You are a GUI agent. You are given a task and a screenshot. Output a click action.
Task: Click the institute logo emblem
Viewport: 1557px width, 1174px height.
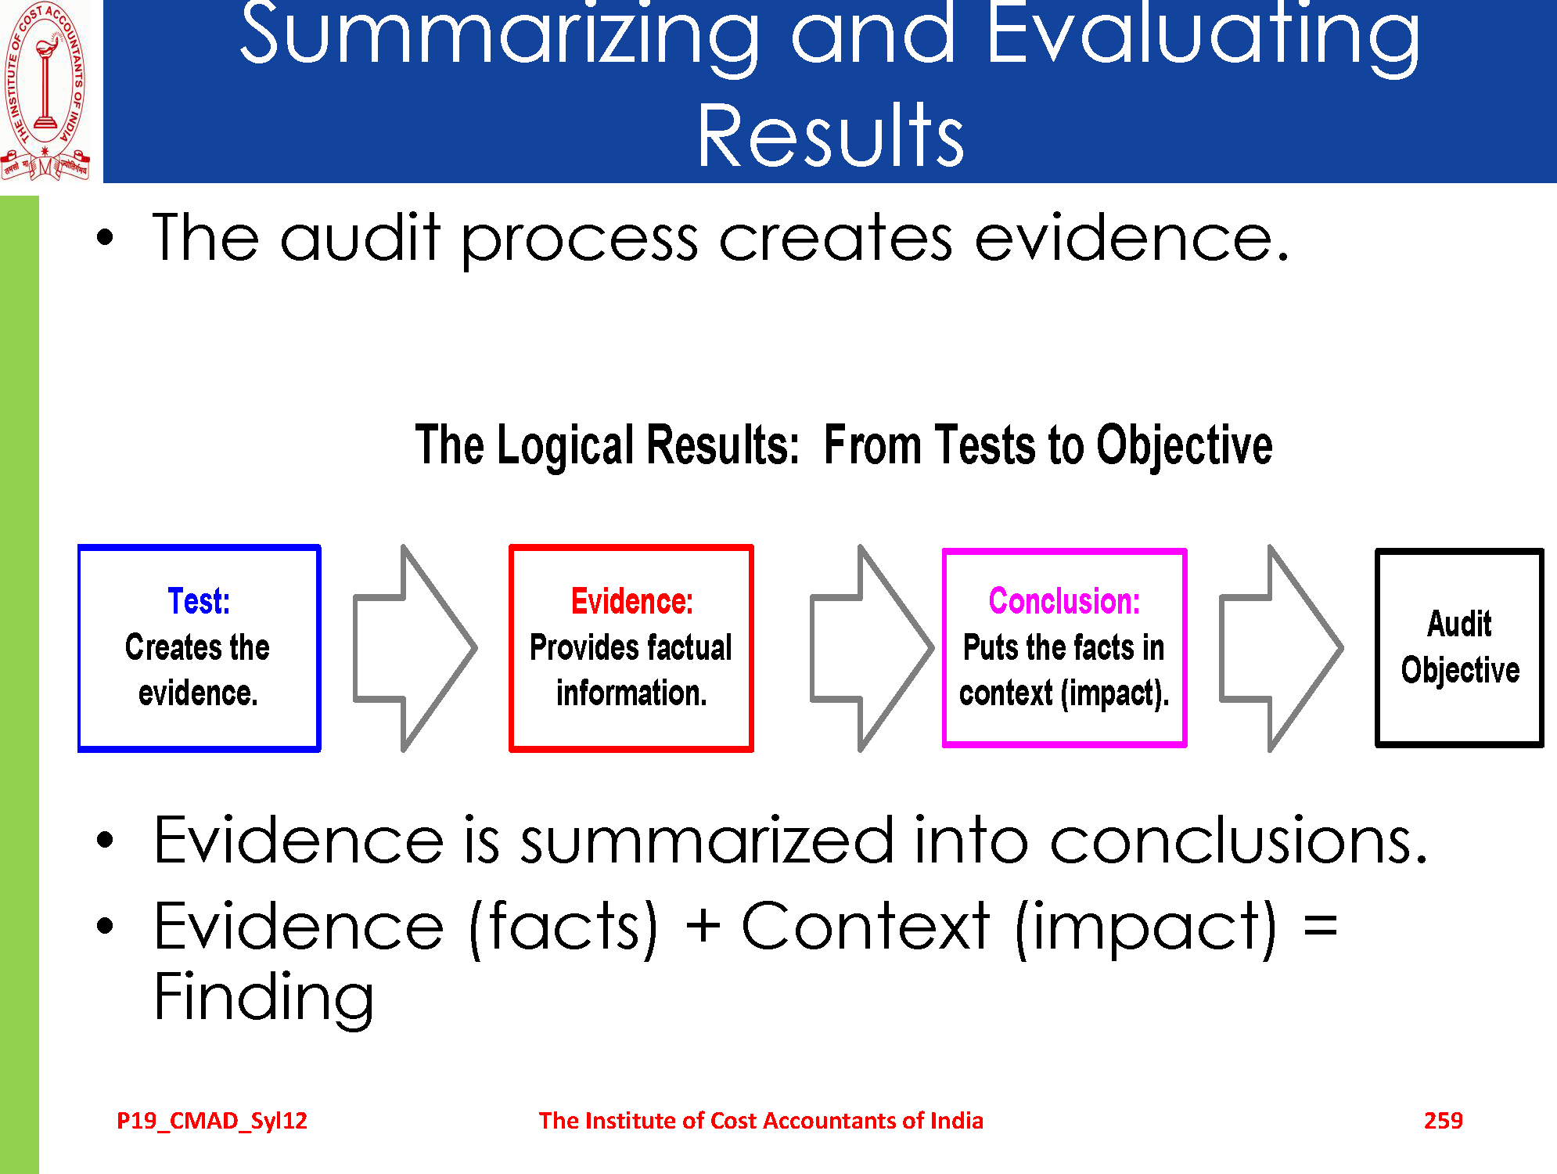(45, 90)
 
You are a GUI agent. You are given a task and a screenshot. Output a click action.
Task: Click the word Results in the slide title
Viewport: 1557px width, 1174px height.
(830, 136)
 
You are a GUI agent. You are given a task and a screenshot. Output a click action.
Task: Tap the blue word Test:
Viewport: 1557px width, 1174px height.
(199, 601)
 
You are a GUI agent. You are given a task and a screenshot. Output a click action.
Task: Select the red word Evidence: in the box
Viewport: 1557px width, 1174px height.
(631, 601)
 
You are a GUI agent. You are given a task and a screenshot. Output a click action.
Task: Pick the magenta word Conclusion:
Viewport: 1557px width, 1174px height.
(1064, 601)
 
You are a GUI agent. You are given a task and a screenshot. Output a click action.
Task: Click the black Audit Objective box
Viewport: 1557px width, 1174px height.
(1459, 647)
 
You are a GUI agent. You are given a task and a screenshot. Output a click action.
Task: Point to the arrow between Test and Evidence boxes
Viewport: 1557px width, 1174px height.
(415, 648)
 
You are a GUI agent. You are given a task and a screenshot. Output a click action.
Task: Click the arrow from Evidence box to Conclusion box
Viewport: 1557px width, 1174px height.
(871, 648)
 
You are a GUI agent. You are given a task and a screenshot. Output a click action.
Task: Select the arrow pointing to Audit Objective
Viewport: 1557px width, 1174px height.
(1281, 648)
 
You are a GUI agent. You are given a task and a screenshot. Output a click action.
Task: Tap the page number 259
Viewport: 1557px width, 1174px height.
(1443, 1120)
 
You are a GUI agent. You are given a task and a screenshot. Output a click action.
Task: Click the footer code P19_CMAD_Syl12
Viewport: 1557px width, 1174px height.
(212, 1121)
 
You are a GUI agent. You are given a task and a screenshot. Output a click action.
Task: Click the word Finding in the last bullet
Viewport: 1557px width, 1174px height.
(264, 998)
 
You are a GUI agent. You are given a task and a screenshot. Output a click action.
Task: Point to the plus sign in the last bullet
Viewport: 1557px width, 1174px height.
(702, 925)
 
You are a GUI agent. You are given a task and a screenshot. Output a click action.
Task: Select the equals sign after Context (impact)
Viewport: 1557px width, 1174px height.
(1321, 927)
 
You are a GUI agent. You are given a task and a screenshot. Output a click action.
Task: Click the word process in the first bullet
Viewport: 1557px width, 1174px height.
(579, 239)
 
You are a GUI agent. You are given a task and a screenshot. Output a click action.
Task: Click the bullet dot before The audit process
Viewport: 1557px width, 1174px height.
(105, 238)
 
